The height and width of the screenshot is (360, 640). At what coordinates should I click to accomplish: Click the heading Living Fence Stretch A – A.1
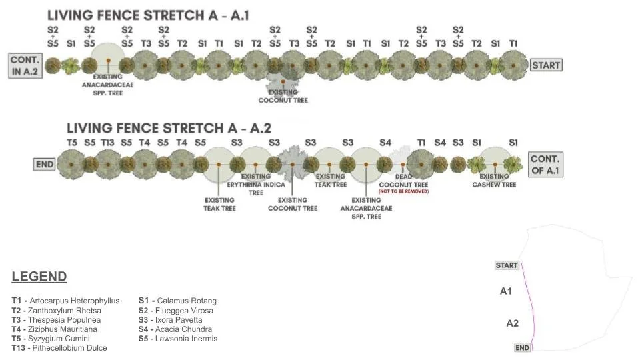[147, 15]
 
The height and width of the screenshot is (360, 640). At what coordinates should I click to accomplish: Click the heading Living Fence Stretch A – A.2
[169, 128]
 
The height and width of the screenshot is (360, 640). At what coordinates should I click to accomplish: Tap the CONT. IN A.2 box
[25, 65]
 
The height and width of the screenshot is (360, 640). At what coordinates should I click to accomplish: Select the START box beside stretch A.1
[546, 65]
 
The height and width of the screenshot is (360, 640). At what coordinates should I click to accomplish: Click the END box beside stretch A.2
[44, 164]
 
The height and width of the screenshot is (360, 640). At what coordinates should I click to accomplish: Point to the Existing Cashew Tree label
[497, 181]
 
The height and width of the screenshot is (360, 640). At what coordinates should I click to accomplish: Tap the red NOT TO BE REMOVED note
[403, 191]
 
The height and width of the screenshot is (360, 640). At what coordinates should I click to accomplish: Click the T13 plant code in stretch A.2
[107, 143]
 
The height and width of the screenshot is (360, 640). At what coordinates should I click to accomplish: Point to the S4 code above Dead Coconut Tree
[385, 143]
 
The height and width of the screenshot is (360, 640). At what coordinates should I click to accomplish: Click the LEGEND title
[39, 277]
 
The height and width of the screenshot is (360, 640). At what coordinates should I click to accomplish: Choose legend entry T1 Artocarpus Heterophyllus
[65, 301]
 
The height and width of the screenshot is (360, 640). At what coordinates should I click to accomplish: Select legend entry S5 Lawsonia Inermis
[177, 339]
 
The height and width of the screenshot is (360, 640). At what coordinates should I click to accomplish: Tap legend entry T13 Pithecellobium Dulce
[59, 348]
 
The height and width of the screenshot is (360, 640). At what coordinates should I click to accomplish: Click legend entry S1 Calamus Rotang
[177, 301]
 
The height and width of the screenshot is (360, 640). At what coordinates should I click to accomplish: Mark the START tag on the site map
[507, 265]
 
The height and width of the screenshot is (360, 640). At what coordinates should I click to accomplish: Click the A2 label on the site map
[512, 323]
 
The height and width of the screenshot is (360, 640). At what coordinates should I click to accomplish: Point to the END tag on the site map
[523, 347]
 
